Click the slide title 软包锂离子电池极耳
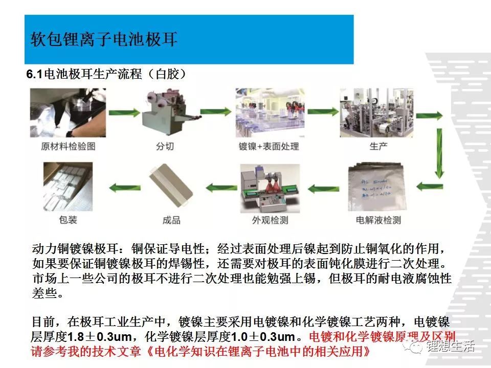(x=104, y=39)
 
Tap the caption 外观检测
(x=269, y=221)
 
